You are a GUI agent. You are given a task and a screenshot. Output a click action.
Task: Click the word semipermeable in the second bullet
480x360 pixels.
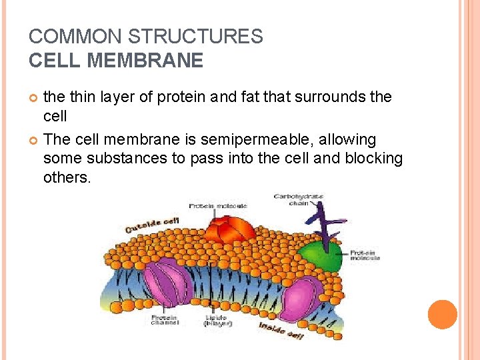(264, 140)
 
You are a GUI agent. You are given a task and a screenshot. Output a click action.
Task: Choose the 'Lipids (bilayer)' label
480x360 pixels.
(217, 321)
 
